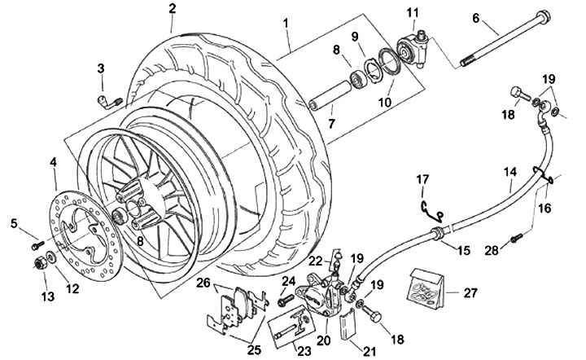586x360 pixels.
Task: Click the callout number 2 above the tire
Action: tap(173, 9)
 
